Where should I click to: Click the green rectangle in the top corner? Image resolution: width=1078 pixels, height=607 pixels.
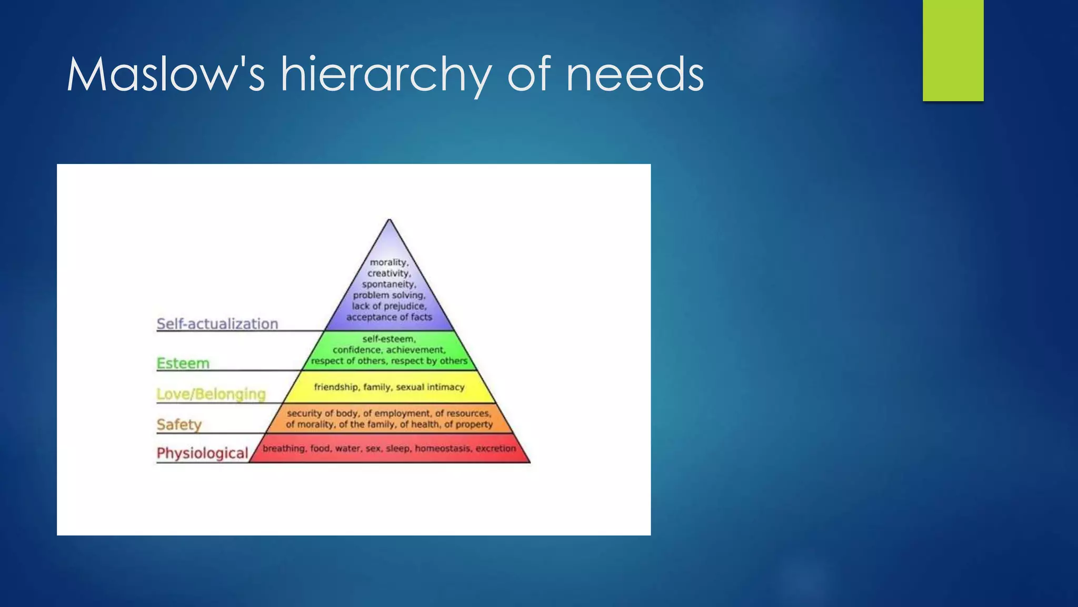coord(953,50)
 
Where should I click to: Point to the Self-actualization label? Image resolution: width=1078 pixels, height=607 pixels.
coord(217,324)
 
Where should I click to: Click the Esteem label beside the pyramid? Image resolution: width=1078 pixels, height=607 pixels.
coord(183,363)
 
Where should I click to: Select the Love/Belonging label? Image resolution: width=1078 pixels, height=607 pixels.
coord(211,394)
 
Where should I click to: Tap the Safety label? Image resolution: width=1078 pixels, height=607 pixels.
coord(179,425)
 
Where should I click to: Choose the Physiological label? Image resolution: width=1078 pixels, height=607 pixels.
coord(202,453)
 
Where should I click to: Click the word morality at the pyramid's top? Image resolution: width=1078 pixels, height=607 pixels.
coord(388,262)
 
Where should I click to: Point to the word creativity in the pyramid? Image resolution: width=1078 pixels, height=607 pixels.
coord(388,273)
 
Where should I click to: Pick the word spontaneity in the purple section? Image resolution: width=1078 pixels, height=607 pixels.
coord(388,285)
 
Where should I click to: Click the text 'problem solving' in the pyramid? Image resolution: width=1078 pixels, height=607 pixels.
coord(388,295)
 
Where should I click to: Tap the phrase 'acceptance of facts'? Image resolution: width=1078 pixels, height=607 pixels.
coord(389,317)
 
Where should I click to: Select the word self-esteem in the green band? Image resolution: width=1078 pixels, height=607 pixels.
coord(389,339)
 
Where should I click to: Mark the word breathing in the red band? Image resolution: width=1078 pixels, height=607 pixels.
coord(284,448)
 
